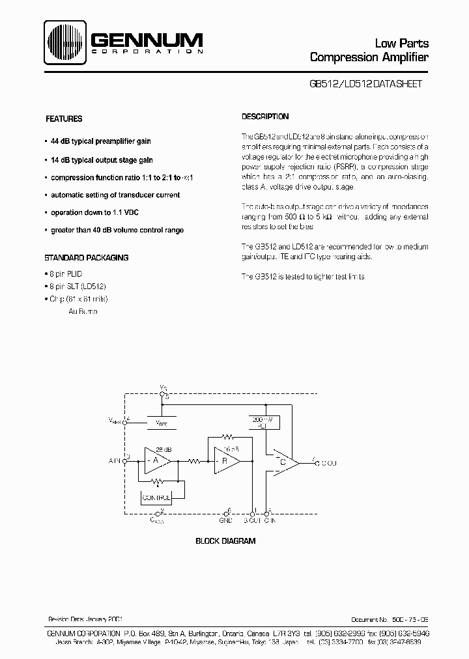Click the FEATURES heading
(63, 119)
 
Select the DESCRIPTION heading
(265, 117)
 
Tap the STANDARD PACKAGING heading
(86, 257)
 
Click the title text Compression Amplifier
(369, 57)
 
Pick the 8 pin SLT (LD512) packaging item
(78, 287)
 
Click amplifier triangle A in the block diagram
(154, 461)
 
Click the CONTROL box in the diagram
(156, 498)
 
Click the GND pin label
(226, 521)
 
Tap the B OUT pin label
(252, 521)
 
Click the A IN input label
(116, 461)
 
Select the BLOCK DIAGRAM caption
(225, 540)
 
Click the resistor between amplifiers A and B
(193, 461)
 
